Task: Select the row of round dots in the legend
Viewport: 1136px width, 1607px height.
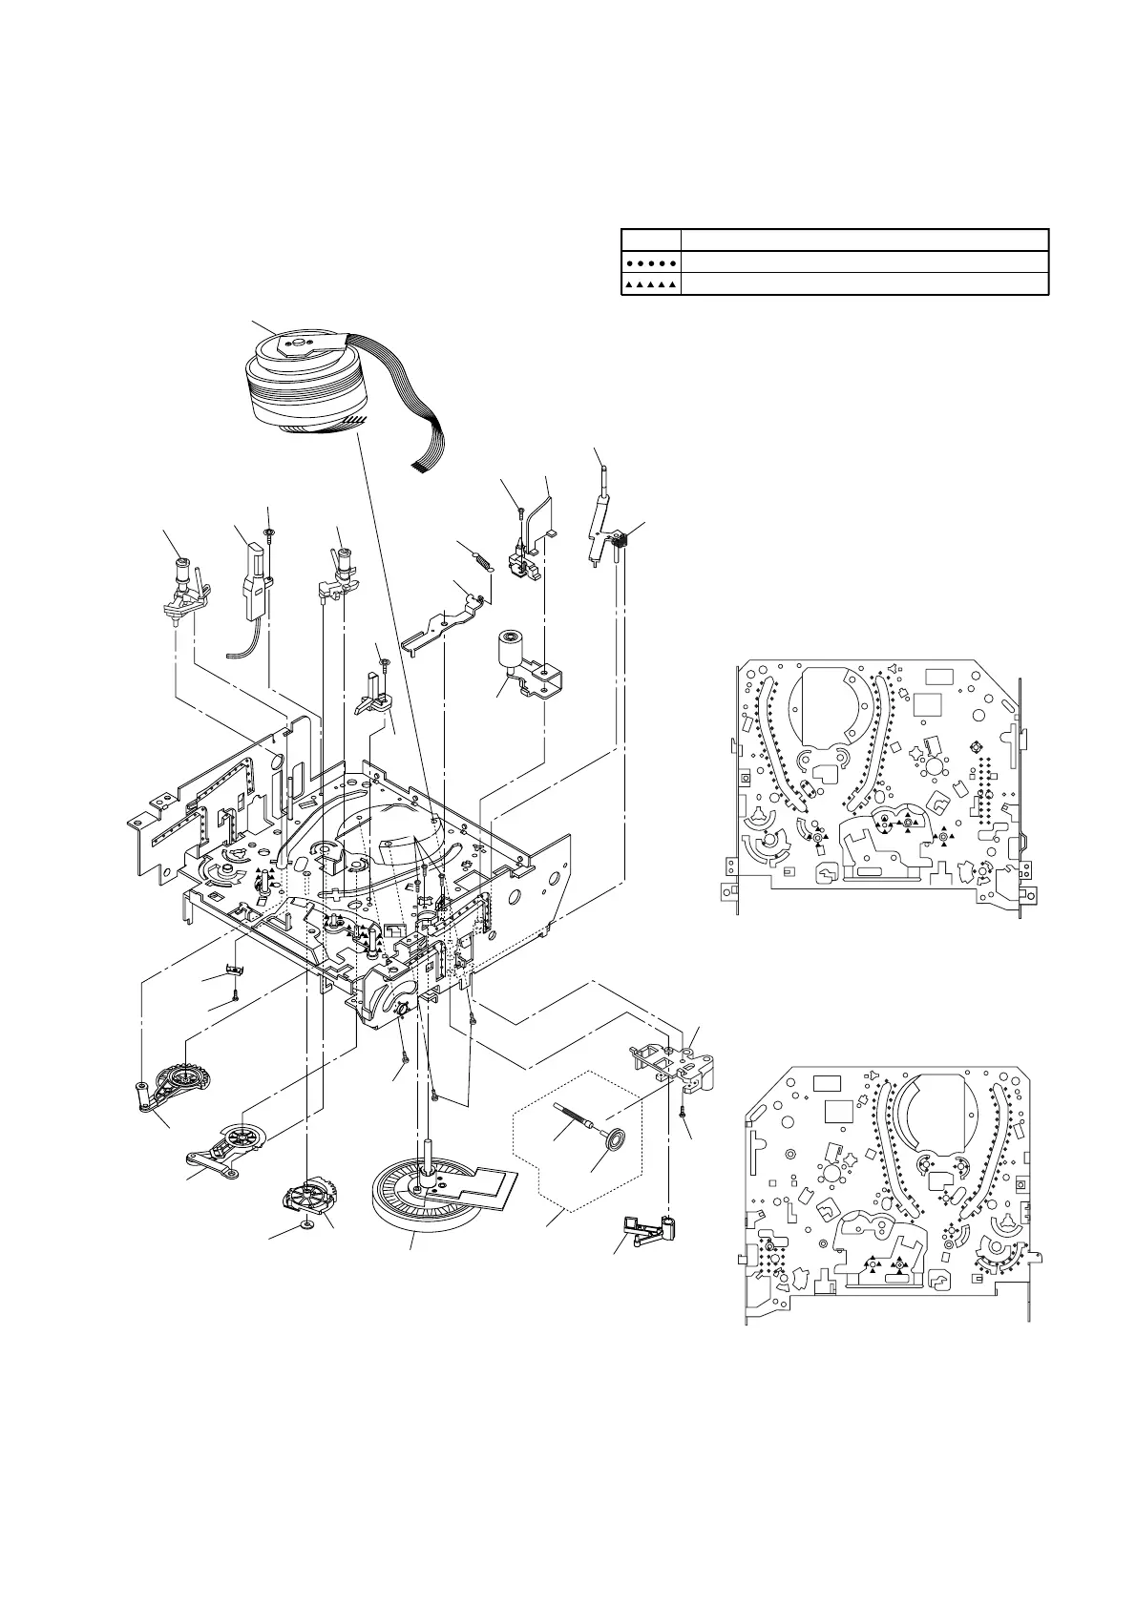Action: [650, 261]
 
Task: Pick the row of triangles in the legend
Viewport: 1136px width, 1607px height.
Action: [650, 284]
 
